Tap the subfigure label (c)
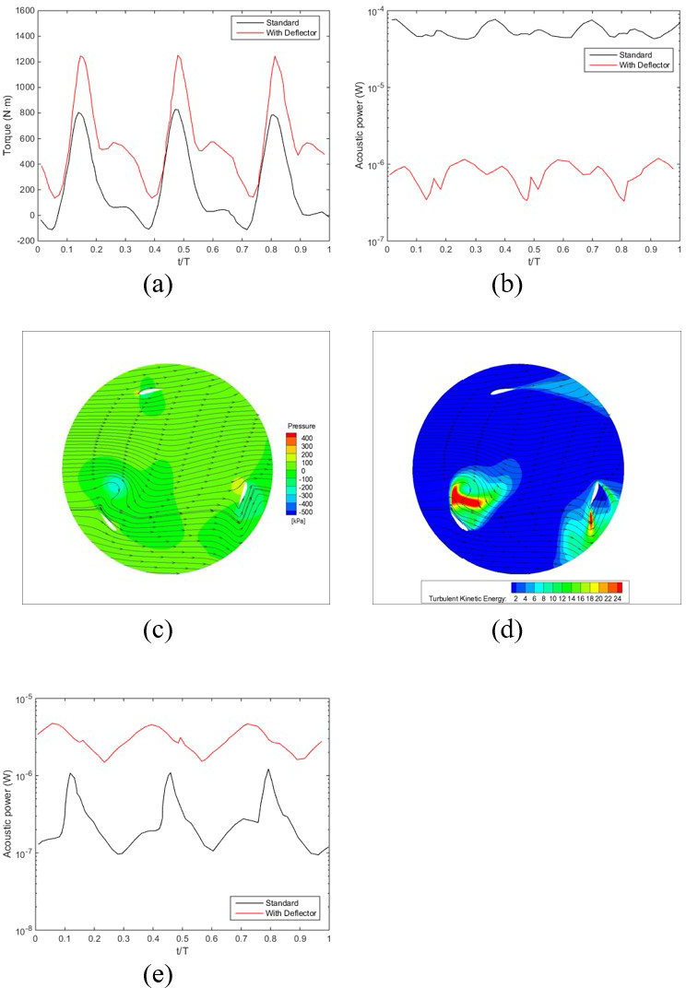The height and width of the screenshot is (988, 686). [159, 630]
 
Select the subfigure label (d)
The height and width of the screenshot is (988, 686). [507, 630]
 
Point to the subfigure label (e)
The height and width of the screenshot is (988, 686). [159, 973]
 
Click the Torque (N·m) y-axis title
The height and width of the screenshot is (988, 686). [7, 124]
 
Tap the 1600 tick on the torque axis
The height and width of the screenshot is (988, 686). [22, 11]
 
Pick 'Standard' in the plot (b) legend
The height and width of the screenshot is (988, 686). [629, 54]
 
